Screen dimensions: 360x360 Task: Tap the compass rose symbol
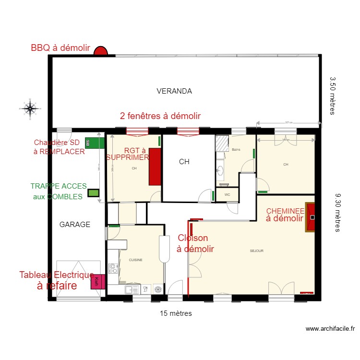click(x=30, y=109)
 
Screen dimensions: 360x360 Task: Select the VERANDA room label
click(x=174, y=91)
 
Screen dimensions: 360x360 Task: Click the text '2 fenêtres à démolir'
click(x=160, y=116)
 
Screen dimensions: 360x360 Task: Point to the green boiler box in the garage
click(x=95, y=143)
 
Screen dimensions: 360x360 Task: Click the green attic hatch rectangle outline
click(x=93, y=193)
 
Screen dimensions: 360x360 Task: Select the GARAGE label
click(x=74, y=224)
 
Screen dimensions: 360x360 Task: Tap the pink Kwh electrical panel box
click(x=97, y=282)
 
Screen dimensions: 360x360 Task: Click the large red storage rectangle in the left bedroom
click(x=155, y=167)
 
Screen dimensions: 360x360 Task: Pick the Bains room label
click(x=236, y=150)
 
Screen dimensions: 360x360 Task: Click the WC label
click(x=227, y=195)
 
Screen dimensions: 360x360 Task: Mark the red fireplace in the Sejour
click(x=311, y=217)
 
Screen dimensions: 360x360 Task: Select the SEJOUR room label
click(x=256, y=251)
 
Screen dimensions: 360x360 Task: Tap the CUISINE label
click(x=135, y=260)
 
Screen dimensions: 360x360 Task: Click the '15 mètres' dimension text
click(x=176, y=313)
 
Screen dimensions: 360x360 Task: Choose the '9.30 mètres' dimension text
click(x=337, y=213)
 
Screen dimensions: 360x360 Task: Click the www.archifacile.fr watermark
click(x=330, y=329)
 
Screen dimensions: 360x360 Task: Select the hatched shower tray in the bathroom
click(x=222, y=143)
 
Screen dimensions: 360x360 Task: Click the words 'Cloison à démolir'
click(x=194, y=243)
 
